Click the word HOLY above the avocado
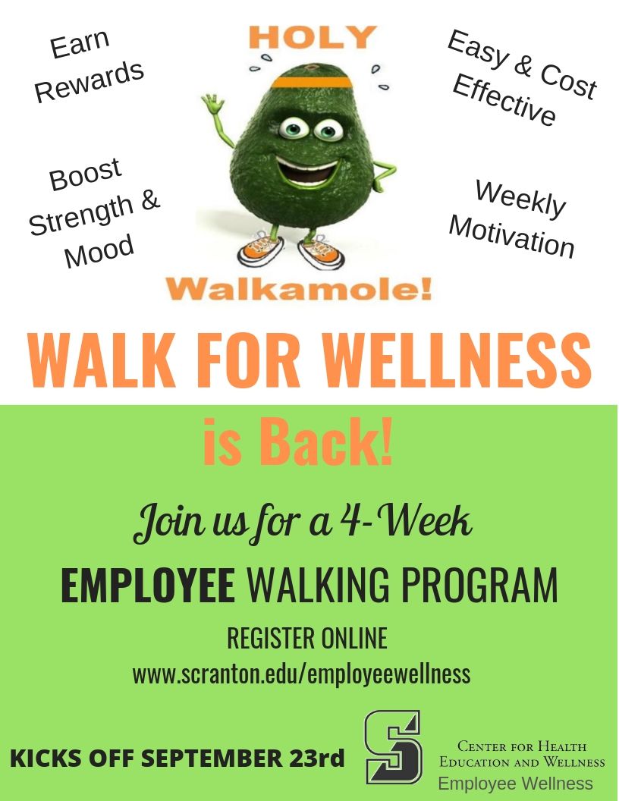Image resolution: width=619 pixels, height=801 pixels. pyautogui.click(x=313, y=36)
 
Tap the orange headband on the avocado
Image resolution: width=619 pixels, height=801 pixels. pyautogui.click(x=312, y=82)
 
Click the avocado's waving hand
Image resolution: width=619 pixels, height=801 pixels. pyautogui.click(x=212, y=104)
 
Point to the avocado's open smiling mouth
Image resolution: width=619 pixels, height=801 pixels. pyautogui.click(x=307, y=171)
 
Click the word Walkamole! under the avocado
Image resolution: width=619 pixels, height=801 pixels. pyautogui.click(x=300, y=289)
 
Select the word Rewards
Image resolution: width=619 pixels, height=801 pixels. pyautogui.click(x=90, y=81)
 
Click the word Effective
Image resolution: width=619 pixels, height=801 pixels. pyautogui.click(x=504, y=99)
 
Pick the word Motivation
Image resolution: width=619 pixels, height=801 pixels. pyautogui.click(x=512, y=236)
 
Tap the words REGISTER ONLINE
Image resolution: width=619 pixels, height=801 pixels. pyautogui.click(x=307, y=639)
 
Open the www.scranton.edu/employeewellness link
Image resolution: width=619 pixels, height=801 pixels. pyautogui.click(x=301, y=674)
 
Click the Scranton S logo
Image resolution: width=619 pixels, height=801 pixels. pyautogui.click(x=393, y=747)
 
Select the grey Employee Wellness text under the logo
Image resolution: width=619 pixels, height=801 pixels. pyautogui.click(x=515, y=784)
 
